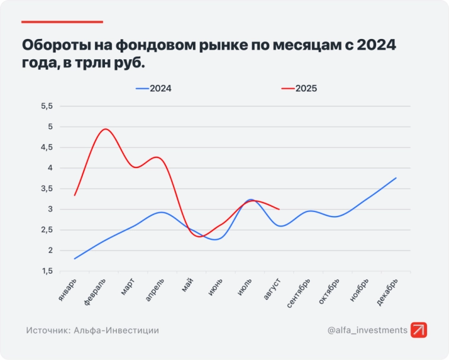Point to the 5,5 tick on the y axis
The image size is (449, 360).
click(46, 106)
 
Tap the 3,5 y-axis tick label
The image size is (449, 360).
click(46, 188)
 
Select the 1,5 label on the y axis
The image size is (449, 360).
click(46, 271)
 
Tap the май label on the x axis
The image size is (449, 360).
click(188, 286)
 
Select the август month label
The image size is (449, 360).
click(272, 290)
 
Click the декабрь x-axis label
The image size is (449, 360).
click(387, 292)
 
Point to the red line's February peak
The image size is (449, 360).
click(105, 129)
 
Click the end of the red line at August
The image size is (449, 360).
click(279, 209)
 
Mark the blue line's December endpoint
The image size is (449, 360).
click(396, 178)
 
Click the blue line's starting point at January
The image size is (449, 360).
click(75, 259)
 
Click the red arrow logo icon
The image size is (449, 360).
click(419, 330)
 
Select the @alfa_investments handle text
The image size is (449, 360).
click(367, 330)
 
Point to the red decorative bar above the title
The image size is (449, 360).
click(62, 22)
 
